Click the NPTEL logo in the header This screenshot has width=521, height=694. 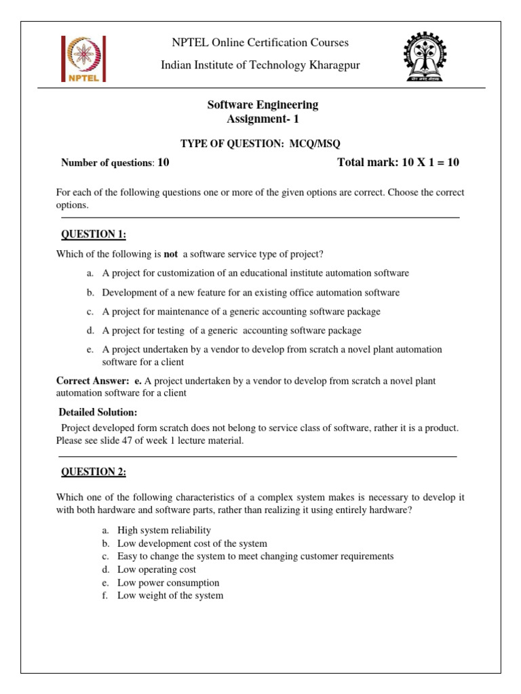(81, 58)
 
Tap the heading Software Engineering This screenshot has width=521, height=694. (262, 104)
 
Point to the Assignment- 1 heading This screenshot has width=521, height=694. (262, 119)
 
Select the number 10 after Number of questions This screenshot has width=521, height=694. (163, 163)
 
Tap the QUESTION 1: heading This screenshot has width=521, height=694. (94, 234)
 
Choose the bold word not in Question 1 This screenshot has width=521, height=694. (171, 254)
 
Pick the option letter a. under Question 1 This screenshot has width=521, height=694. (90, 273)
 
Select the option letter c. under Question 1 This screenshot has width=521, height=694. (90, 312)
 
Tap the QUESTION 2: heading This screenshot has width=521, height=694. (94, 472)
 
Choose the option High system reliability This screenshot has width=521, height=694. (164, 530)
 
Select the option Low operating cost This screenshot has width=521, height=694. (157, 570)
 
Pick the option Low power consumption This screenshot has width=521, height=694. (168, 583)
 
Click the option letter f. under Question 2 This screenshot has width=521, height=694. (105, 596)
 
